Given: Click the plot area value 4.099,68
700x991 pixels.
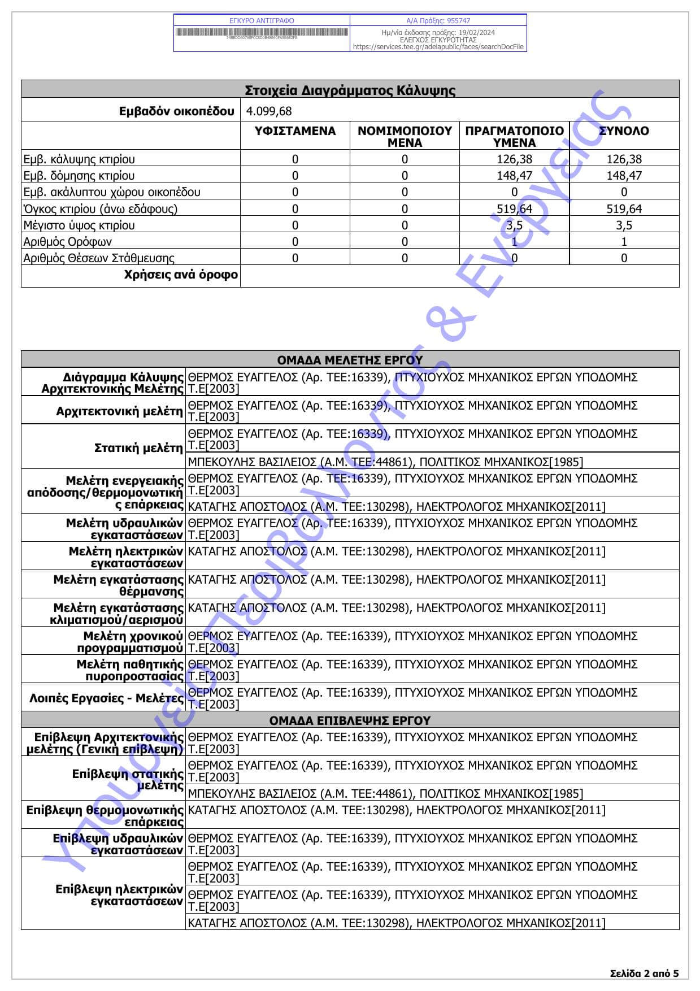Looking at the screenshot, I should (269, 111).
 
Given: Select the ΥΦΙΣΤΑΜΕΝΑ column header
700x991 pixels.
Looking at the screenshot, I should (295, 131).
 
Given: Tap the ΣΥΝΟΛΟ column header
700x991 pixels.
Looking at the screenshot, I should (624, 131).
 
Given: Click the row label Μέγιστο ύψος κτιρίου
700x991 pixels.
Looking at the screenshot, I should (79, 225).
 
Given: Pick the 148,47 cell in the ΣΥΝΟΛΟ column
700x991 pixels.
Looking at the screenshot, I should (624, 176).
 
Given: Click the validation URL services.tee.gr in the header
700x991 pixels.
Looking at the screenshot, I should (438, 47).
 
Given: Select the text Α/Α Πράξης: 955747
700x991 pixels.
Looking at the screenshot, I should (438, 20).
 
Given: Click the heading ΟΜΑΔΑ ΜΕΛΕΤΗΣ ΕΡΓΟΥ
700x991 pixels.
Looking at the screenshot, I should (350, 360).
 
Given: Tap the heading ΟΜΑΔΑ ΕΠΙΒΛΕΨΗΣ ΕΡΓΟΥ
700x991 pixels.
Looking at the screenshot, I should (350, 721).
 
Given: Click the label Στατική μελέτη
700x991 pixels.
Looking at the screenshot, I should (138, 448).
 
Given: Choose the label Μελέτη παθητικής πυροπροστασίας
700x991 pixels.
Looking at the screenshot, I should (130, 670).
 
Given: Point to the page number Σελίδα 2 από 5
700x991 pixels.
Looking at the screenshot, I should (645, 973).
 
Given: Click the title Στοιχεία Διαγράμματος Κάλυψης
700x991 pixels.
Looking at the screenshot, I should (350, 90).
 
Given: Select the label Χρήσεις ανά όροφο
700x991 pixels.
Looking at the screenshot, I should (181, 275).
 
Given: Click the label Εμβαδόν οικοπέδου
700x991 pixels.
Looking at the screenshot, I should (176, 111).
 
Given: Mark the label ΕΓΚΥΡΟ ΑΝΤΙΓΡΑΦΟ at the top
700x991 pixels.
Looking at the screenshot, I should (262, 20).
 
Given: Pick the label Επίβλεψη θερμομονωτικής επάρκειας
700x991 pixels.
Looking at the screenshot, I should (105, 816).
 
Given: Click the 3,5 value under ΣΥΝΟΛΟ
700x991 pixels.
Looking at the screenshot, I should (624, 225).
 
